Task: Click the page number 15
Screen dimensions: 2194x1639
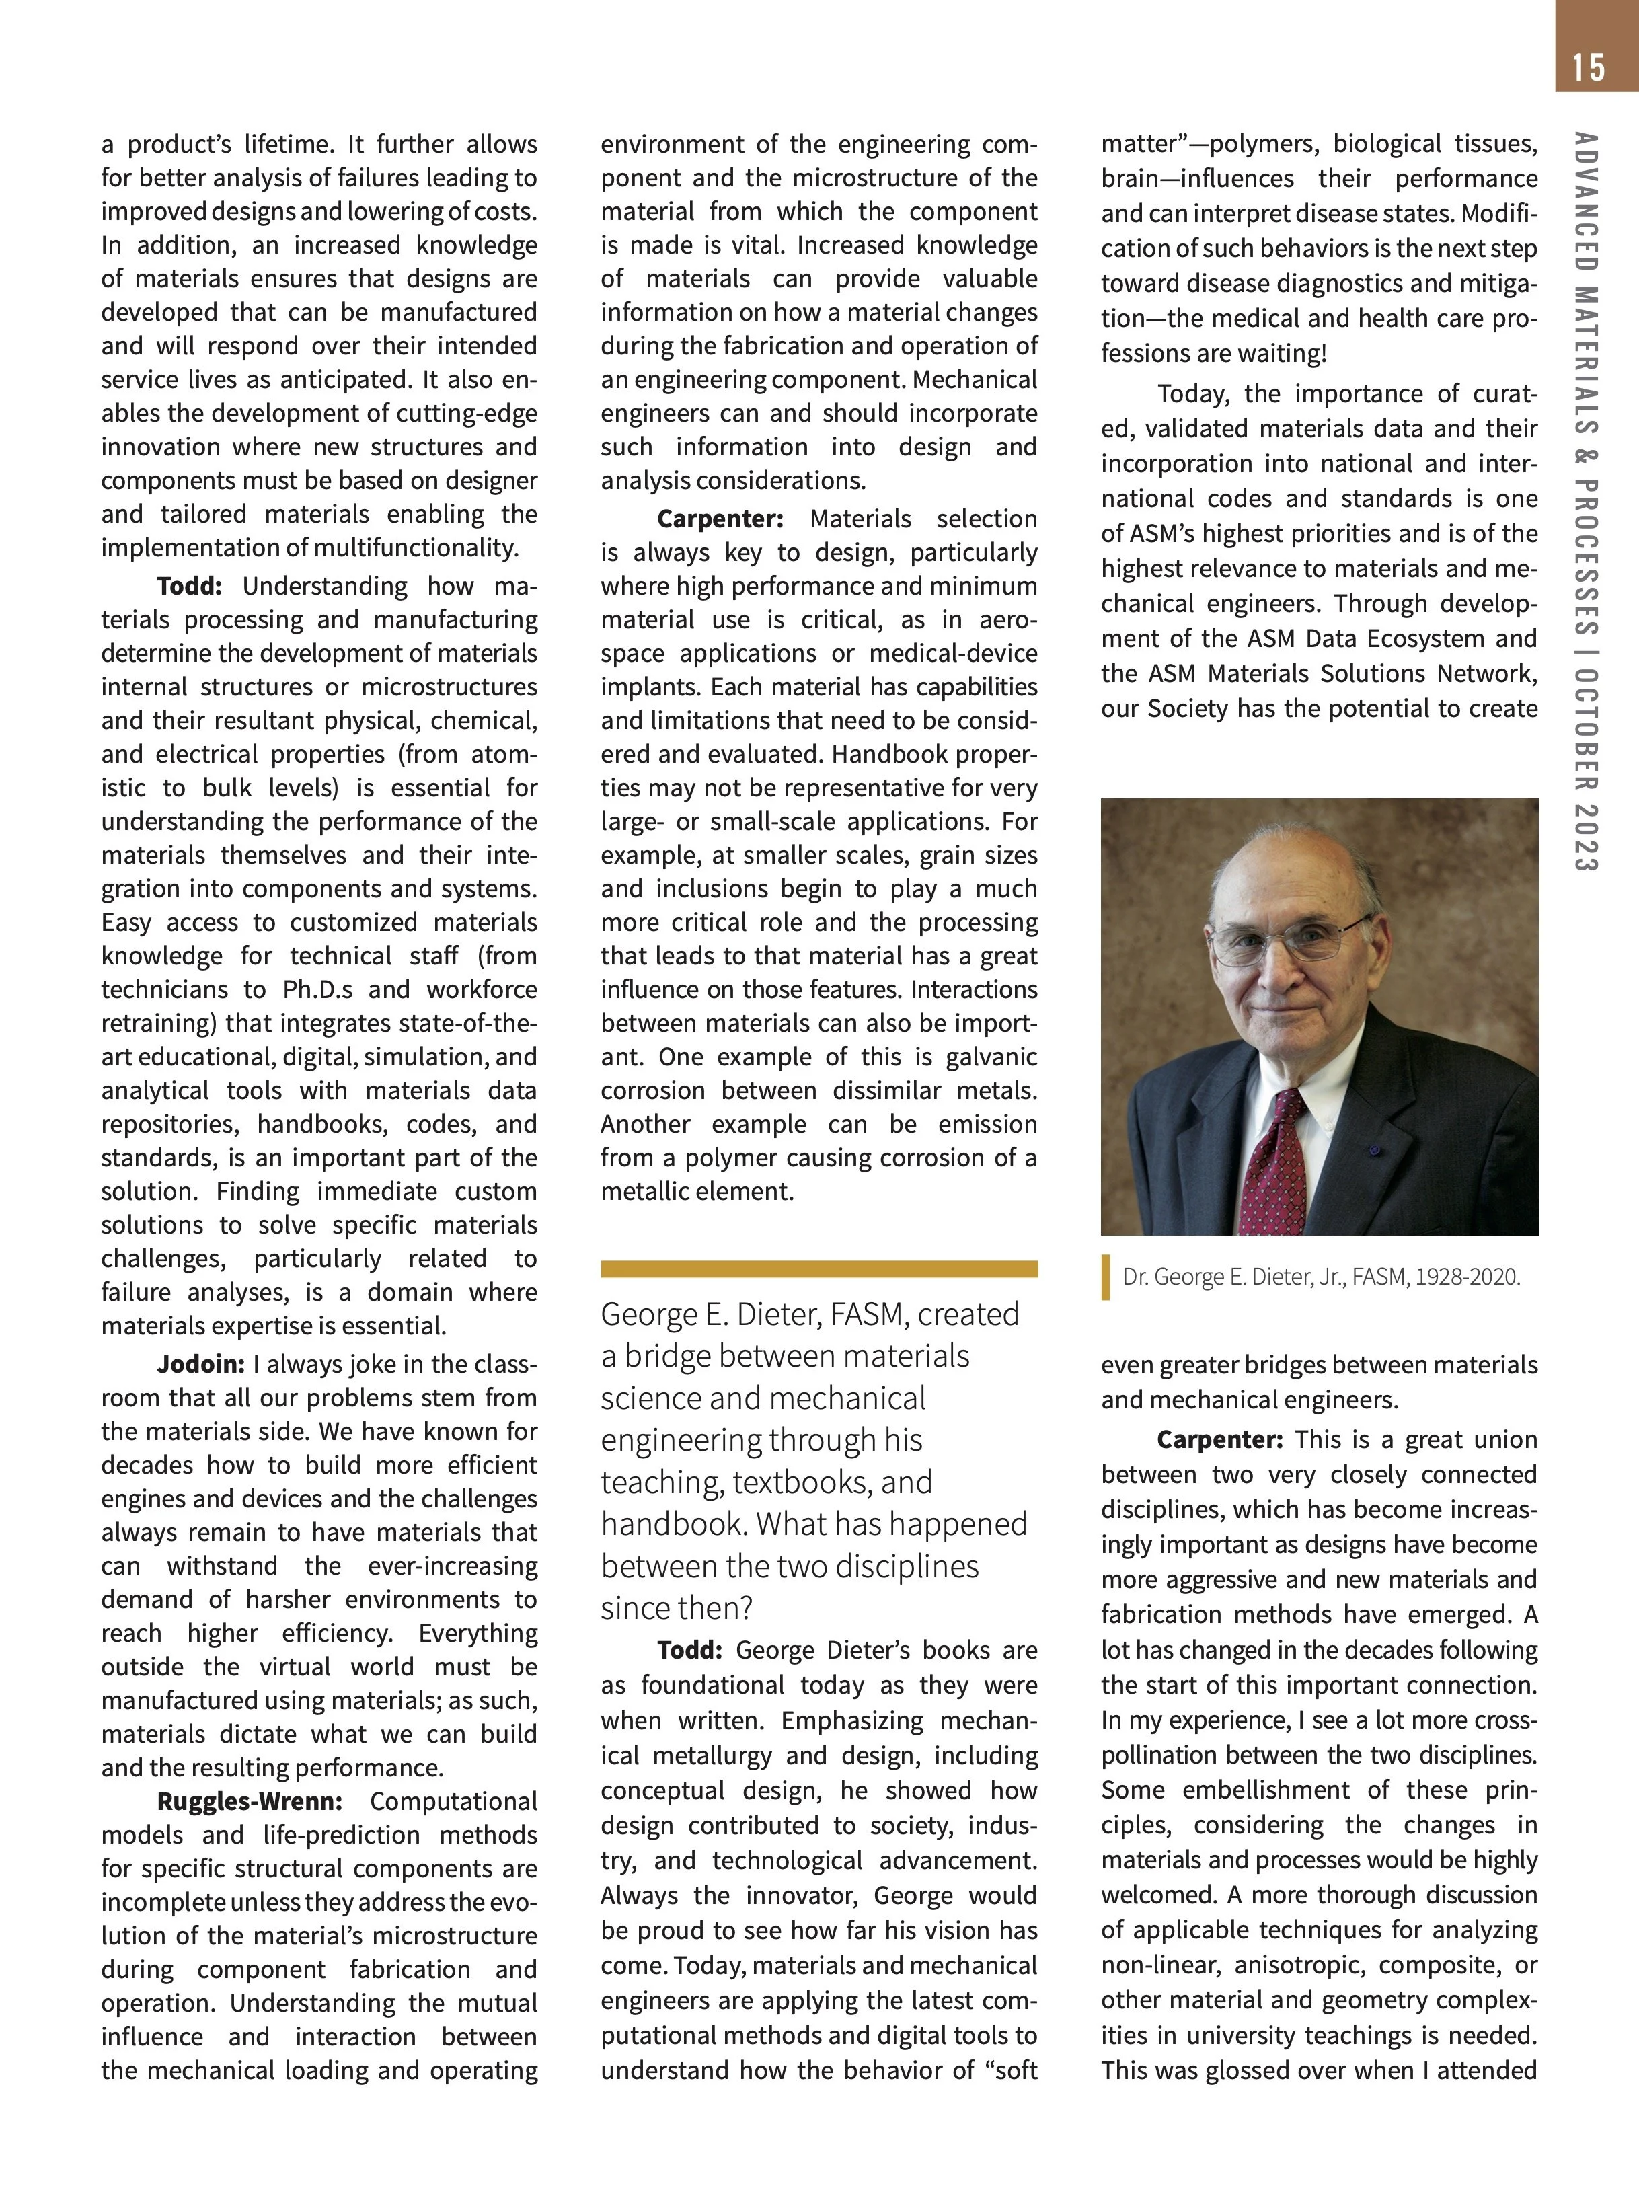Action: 1587,67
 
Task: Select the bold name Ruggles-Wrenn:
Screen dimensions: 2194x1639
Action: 249,1801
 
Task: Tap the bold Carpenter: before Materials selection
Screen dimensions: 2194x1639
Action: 720,519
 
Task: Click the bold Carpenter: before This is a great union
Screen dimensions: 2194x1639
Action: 1219,1439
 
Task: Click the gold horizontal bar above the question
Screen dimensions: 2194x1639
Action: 819,1269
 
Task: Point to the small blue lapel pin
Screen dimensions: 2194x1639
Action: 1374,1151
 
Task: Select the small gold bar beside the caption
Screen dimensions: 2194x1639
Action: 1106,1277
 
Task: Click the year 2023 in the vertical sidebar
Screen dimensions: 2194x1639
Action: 1585,837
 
